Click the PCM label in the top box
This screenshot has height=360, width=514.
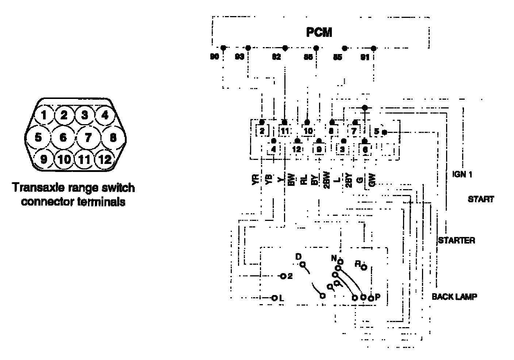tap(319, 32)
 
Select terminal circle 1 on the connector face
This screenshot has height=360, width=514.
tap(44, 116)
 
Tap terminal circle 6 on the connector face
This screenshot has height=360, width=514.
tap(63, 138)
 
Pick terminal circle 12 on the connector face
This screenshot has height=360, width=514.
tap(105, 160)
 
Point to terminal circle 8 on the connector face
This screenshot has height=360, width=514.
tap(113, 138)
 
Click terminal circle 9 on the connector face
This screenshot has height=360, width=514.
tap(44, 160)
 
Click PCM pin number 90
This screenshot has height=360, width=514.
tap(215, 57)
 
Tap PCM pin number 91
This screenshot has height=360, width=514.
tap(365, 57)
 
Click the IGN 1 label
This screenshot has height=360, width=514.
tap(462, 175)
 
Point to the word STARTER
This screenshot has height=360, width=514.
tap(456, 240)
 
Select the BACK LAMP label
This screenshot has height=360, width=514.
tap(454, 296)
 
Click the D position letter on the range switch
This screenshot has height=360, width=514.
tap(298, 257)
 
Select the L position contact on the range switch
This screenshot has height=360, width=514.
tap(274, 298)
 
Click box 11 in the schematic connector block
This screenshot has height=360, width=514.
tap(285, 130)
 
